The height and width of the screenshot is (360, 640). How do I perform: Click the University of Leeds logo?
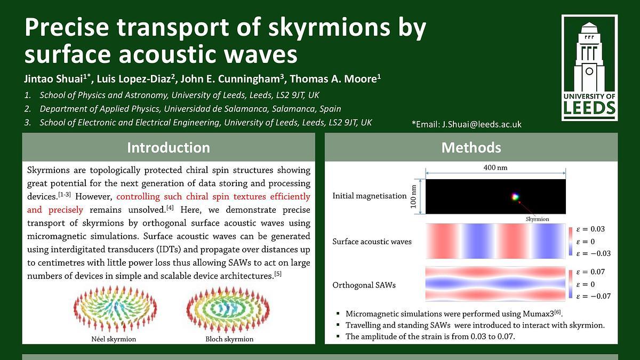[589, 68]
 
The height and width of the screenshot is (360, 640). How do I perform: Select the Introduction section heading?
[169, 147]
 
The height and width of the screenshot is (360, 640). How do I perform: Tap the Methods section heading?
[471, 147]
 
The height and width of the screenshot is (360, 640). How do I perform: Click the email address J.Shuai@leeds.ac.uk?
[482, 124]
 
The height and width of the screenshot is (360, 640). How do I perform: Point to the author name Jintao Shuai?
[53, 79]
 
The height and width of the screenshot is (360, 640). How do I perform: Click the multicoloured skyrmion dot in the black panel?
[515, 197]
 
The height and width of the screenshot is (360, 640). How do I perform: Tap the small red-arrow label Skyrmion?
[537, 219]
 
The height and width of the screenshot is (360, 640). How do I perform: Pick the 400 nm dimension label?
[495, 167]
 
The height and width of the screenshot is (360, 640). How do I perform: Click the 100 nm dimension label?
[413, 197]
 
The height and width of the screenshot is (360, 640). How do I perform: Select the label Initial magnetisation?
[370, 196]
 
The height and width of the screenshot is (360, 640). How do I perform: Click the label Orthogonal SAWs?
[364, 285]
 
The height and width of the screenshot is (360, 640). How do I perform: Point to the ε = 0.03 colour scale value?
[590, 229]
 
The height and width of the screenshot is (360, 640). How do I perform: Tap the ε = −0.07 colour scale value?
[594, 296]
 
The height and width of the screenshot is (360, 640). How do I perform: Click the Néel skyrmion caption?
[114, 339]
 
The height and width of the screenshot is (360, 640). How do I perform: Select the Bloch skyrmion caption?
[229, 339]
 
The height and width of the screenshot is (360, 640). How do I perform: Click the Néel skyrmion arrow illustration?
[115, 309]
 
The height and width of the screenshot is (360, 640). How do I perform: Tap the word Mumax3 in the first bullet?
[538, 314]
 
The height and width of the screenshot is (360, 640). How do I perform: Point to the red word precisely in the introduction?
[66, 210]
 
